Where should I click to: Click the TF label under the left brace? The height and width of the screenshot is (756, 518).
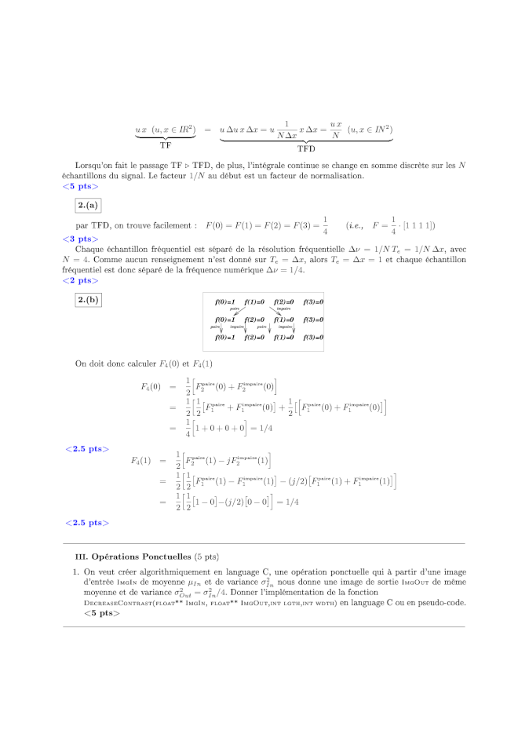[166, 144]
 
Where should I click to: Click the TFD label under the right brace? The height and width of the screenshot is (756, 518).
[306, 148]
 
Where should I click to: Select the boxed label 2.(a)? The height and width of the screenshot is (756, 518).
[88, 206]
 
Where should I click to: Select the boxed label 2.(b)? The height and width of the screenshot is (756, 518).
[88, 300]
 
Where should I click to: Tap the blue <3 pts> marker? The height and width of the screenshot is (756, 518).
[80, 238]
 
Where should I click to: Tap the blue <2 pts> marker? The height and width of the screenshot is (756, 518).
[80, 279]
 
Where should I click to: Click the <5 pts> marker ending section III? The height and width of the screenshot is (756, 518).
[102, 612]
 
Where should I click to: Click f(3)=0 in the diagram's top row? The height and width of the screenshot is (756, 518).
[313, 302]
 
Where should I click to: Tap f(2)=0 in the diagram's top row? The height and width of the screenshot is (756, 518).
[284, 302]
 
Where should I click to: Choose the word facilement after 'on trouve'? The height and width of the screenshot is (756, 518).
[171, 225]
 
